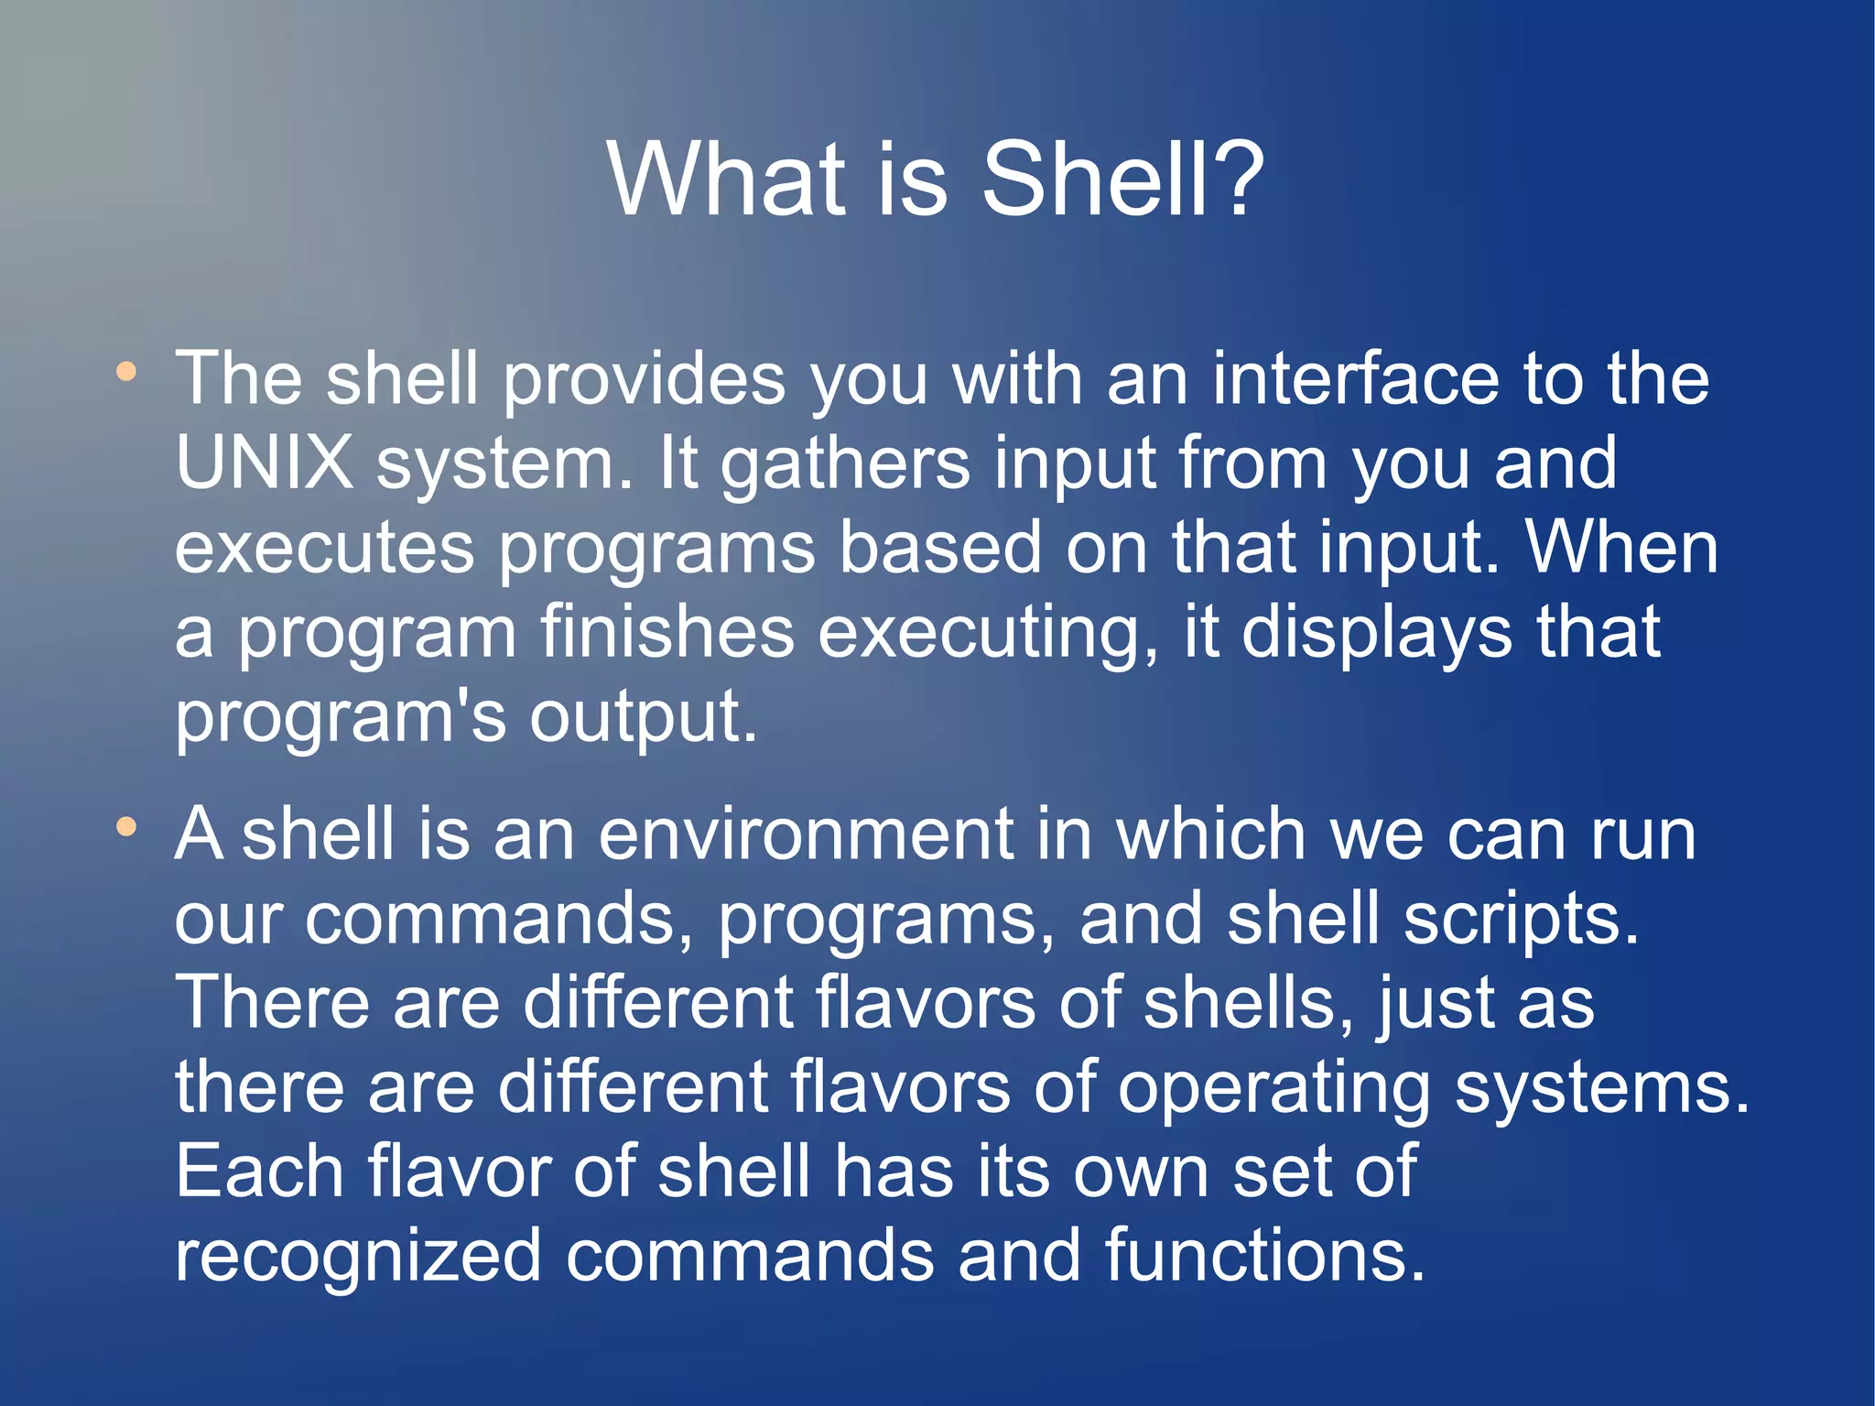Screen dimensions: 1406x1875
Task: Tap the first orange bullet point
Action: coord(126,372)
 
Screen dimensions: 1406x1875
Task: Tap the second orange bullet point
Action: coord(126,827)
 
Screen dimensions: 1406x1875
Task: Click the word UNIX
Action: coord(265,463)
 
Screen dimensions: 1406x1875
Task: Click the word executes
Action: coord(325,548)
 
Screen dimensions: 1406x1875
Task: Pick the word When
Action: coord(1621,548)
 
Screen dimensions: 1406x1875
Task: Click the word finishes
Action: coord(667,632)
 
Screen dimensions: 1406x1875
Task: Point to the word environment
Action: coord(806,834)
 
